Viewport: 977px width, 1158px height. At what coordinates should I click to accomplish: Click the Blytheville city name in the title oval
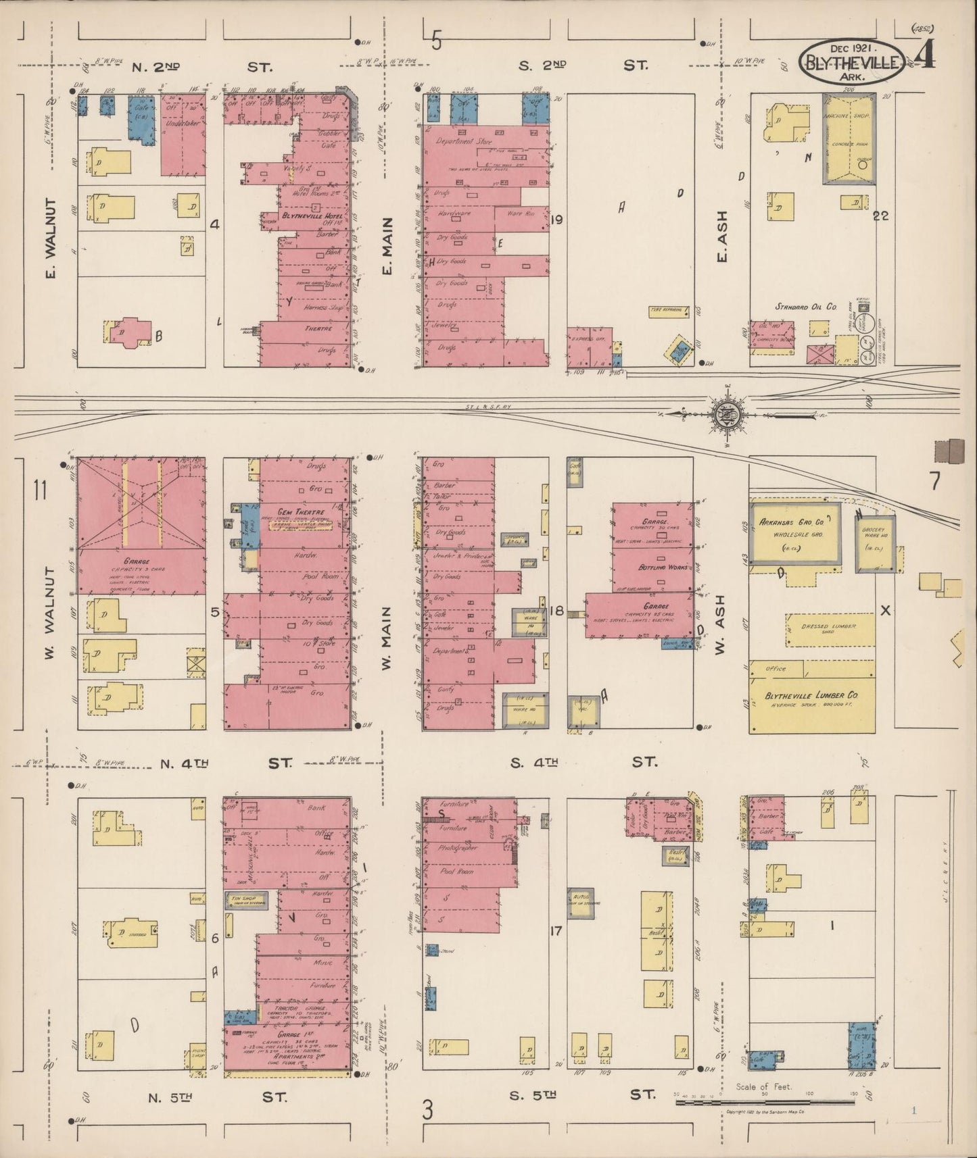click(x=851, y=63)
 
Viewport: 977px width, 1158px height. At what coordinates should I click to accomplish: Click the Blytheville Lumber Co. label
click(x=811, y=696)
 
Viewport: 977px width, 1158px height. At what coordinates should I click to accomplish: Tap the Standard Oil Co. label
click(x=805, y=307)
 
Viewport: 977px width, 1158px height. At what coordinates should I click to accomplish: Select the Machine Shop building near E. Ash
click(x=848, y=139)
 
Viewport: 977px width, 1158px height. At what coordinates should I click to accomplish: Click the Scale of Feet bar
click(x=764, y=1103)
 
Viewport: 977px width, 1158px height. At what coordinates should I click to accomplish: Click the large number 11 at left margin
click(x=39, y=490)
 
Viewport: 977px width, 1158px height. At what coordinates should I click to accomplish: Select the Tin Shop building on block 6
click(x=245, y=900)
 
